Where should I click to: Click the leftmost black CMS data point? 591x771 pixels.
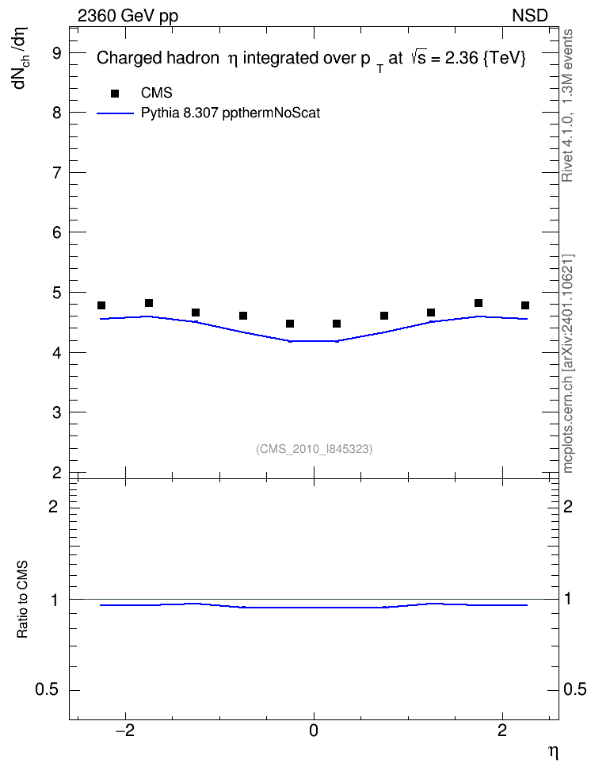(x=101, y=305)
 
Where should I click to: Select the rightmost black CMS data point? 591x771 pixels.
(x=525, y=305)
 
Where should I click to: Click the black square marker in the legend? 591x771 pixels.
(x=115, y=94)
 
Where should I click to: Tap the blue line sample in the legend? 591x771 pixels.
(x=116, y=113)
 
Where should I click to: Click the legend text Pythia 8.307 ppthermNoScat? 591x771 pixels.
(x=231, y=113)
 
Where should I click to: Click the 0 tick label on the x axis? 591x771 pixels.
(x=314, y=731)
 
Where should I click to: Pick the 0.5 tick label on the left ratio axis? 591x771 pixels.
(x=47, y=690)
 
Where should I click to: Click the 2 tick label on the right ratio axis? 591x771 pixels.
(x=568, y=506)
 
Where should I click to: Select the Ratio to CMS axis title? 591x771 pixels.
(x=22, y=600)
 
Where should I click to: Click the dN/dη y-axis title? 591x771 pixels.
(x=21, y=58)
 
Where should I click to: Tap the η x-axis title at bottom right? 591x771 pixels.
(x=553, y=752)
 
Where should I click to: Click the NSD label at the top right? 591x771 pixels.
(x=529, y=16)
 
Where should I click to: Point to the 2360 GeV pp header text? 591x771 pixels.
(x=128, y=16)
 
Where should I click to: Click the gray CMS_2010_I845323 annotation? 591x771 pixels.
(x=314, y=449)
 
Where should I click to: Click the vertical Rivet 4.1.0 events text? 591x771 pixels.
(x=567, y=105)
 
